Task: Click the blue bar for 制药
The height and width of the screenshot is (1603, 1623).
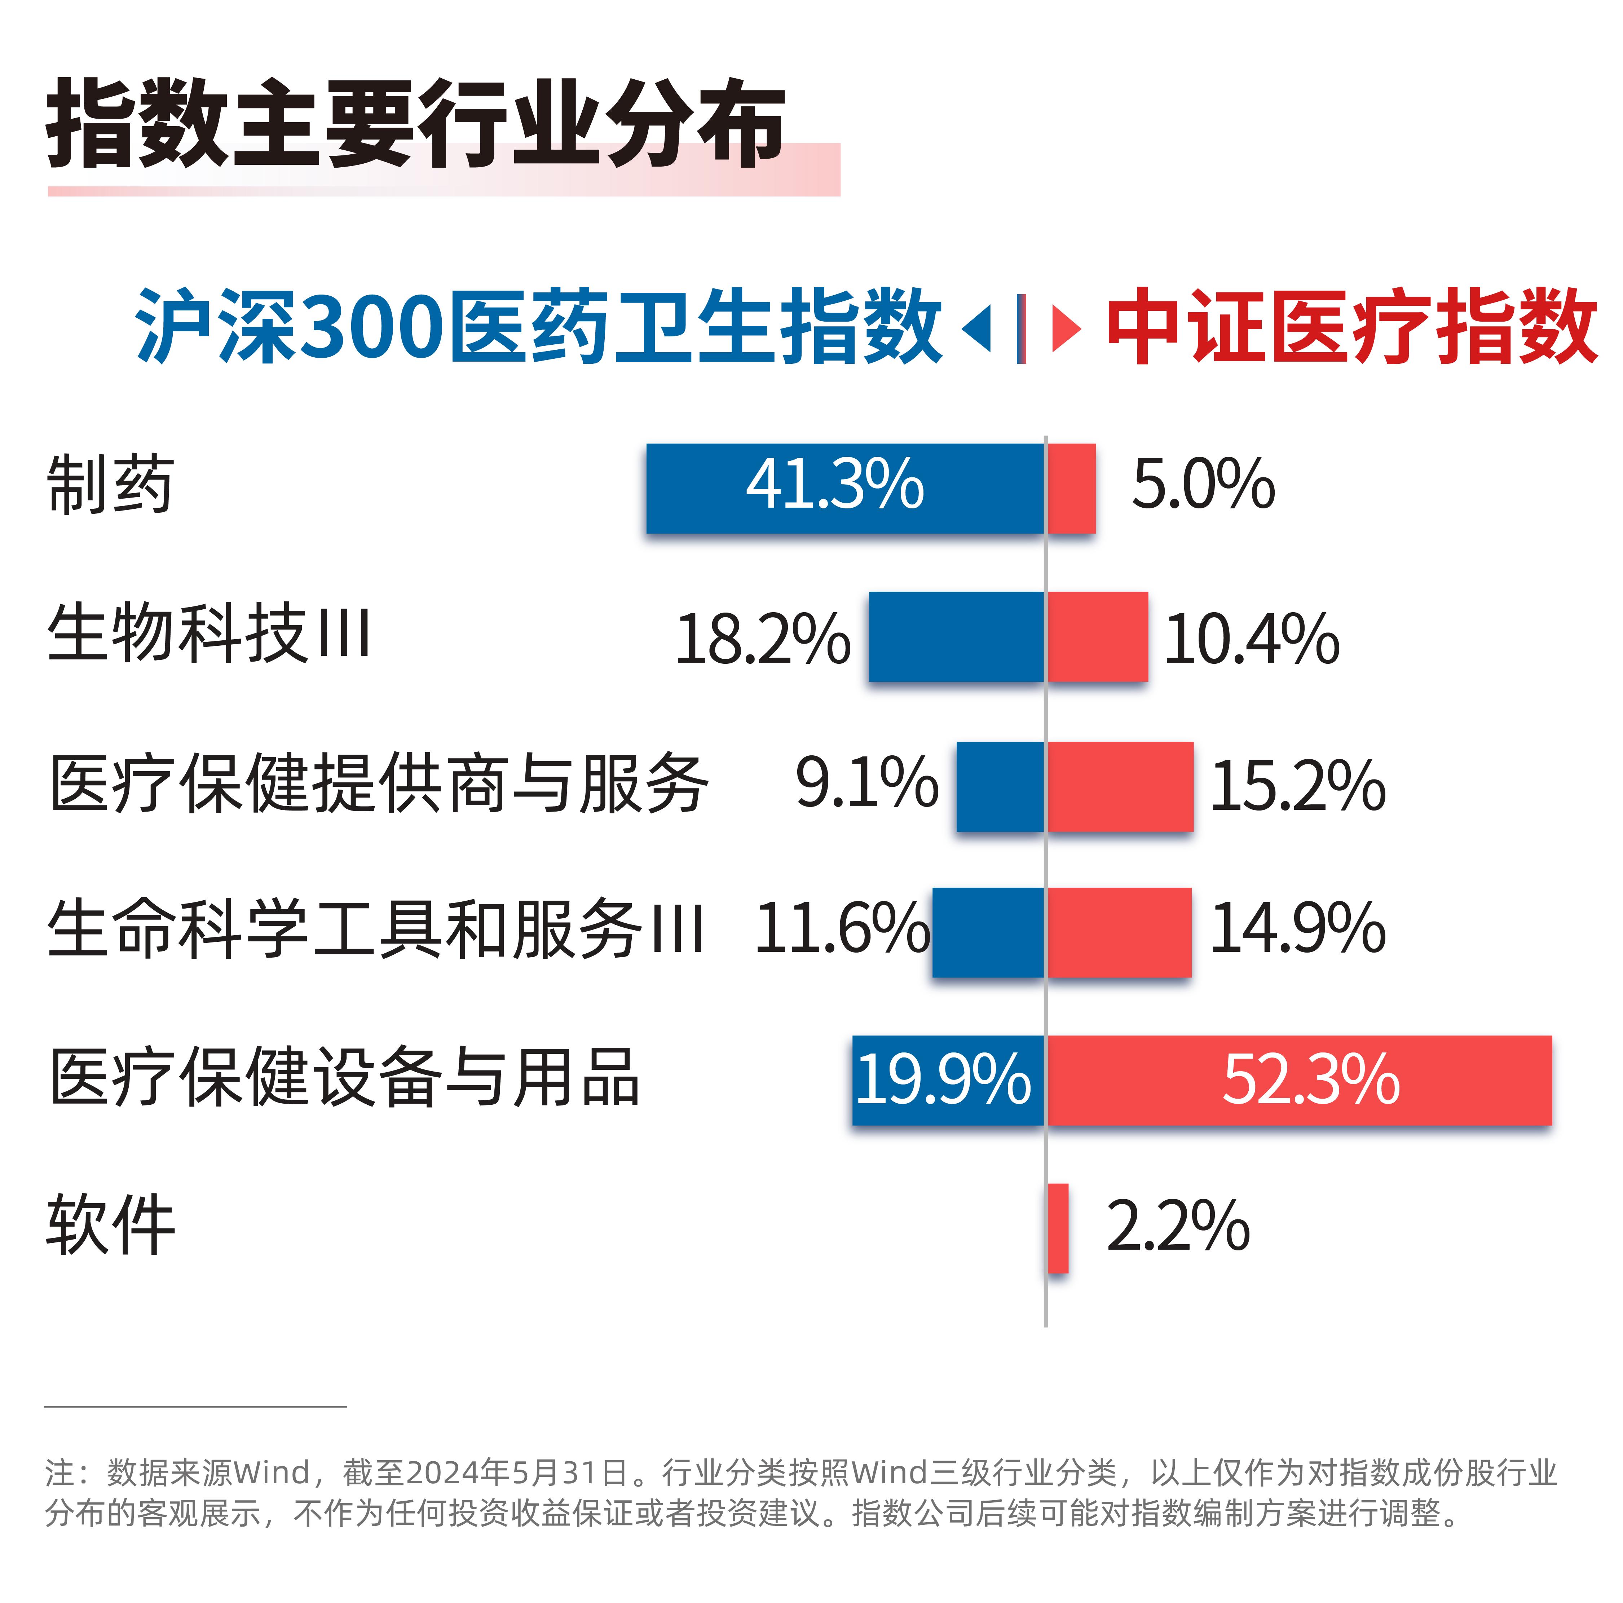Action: tap(844, 488)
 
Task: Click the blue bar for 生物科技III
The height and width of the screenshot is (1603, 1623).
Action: tap(956, 637)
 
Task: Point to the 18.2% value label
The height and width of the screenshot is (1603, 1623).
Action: tap(762, 640)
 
